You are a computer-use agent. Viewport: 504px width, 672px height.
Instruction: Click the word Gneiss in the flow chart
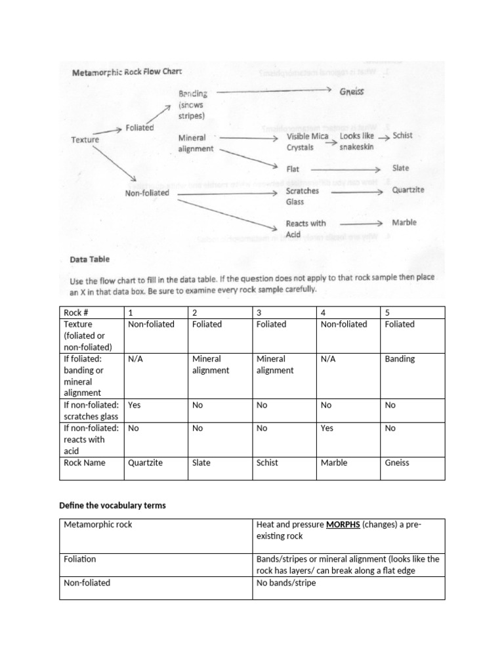(352, 92)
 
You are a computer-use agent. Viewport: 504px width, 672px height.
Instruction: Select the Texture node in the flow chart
(85, 140)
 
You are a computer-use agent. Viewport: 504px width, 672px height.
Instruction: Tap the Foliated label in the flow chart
(139, 129)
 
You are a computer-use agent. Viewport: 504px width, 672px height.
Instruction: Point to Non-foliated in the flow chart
(147, 193)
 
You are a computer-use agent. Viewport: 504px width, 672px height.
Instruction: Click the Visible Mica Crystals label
(307, 142)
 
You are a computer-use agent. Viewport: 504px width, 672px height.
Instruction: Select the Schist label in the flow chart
(402, 135)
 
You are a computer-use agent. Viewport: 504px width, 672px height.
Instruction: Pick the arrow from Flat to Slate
(345, 169)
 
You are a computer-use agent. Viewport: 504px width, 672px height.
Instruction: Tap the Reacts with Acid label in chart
(305, 228)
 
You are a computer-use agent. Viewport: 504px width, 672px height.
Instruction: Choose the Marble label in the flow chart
(404, 222)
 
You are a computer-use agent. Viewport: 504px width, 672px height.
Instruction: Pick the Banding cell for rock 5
(400, 359)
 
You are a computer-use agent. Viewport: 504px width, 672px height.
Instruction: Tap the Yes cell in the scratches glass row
(135, 405)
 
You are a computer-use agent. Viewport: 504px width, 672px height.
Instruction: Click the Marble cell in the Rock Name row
(334, 463)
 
